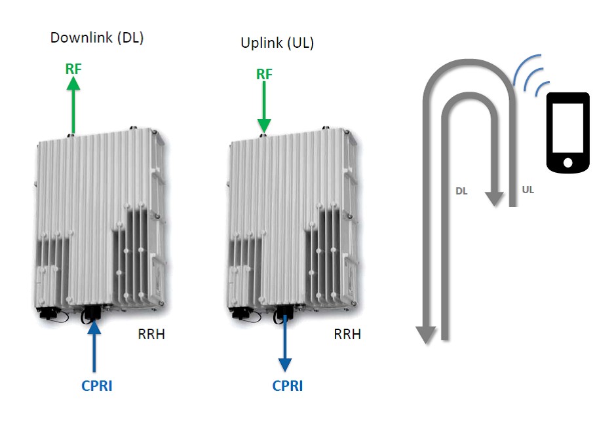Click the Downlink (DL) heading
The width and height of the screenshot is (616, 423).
[97, 38]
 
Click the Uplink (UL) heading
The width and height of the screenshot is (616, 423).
[277, 44]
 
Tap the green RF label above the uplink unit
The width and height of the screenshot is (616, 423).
[263, 74]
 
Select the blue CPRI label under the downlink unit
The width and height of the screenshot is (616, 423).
[97, 386]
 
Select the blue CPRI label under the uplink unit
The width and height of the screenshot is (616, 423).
[288, 386]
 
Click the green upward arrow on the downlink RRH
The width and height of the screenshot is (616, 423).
[73, 105]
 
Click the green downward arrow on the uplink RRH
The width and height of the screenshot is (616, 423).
[263, 108]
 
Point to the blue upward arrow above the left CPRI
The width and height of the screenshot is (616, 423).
[96, 347]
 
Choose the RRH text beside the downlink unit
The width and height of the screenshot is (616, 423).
[151, 335]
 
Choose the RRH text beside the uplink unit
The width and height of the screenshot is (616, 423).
[347, 335]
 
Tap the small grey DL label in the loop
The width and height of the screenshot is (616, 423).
[461, 192]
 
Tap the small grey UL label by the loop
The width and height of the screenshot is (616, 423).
[528, 190]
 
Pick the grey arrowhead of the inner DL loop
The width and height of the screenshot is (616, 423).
[495, 198]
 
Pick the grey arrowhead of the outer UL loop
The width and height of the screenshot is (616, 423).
[426, 334]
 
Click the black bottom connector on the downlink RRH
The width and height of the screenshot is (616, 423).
[90, 315]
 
